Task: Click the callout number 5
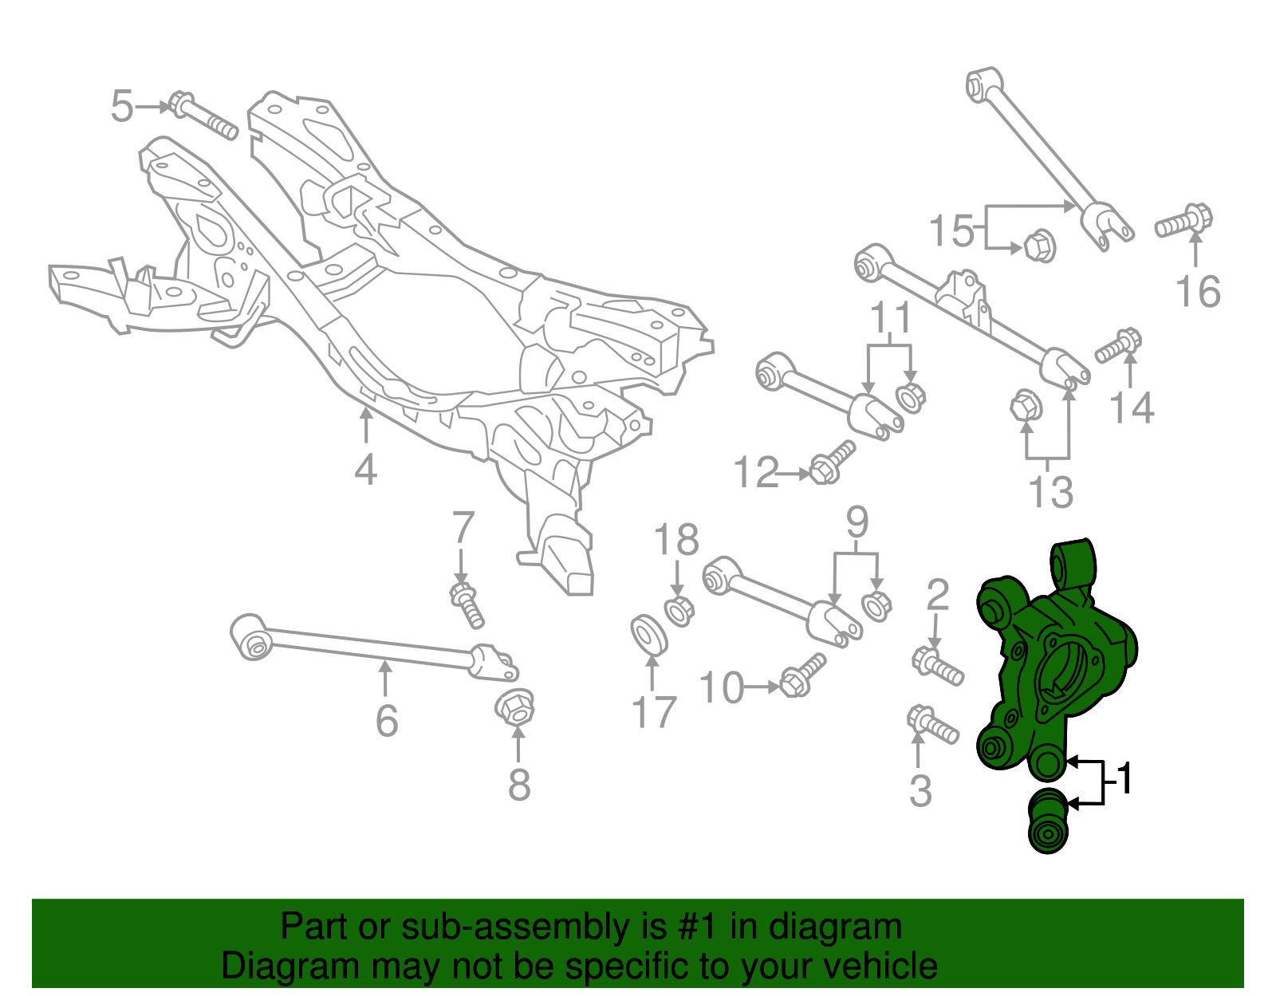[121, 106]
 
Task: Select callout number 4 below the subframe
[365, 470]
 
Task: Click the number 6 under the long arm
[387, 721]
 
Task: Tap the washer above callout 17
[649, 634]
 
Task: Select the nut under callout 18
[679, 611]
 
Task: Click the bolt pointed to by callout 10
[801, 675]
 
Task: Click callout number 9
[857, 522]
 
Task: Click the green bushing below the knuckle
[1048, 821]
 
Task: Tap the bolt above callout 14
[1119, 345]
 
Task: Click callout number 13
[1051, 491]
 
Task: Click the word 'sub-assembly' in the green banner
[514, 927]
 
